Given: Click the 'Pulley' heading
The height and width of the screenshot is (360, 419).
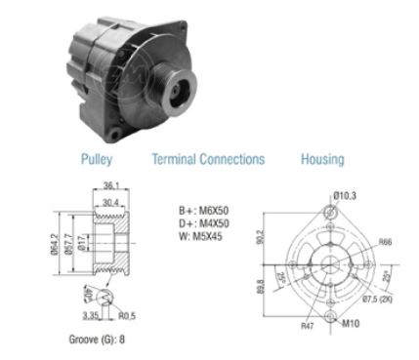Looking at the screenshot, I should tap(96, 159).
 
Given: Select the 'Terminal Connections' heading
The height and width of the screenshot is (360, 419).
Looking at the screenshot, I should tap(207, 159).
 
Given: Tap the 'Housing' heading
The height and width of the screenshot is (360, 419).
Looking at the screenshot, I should tap(321, 159).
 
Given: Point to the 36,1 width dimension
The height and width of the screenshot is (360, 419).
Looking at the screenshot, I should tap(110, 184).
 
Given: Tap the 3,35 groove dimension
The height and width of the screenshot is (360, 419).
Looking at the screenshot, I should tap(91, 315).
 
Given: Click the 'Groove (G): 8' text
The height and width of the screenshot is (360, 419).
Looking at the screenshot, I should tap(94, 340).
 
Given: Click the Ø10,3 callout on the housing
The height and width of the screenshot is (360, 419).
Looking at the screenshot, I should tap(345, 196).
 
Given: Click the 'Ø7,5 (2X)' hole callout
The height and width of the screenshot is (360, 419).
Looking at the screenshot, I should tap(381, 299).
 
